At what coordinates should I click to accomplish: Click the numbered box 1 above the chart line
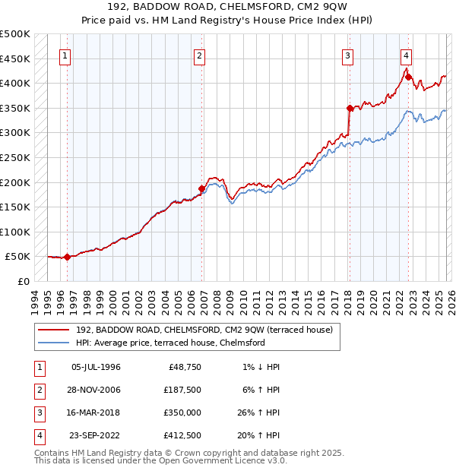[x=65, y=55]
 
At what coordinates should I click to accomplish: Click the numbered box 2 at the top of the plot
[x=199, y=55]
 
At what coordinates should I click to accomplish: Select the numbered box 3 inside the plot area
[x=347, y=55]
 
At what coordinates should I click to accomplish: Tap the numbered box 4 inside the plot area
[x=407, y=55]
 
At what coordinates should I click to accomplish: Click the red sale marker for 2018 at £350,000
[x=349, y=108]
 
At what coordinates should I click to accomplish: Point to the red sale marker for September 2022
[x=408, y=77]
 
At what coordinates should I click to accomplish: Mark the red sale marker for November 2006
[x=201, y=188]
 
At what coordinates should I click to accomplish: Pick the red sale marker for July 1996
[x=67, y=257]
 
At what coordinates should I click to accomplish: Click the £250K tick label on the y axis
[x=15, y=157]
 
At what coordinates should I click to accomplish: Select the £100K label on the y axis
[x=15, y=232]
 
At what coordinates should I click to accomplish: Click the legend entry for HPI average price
[x=169, y=343]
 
